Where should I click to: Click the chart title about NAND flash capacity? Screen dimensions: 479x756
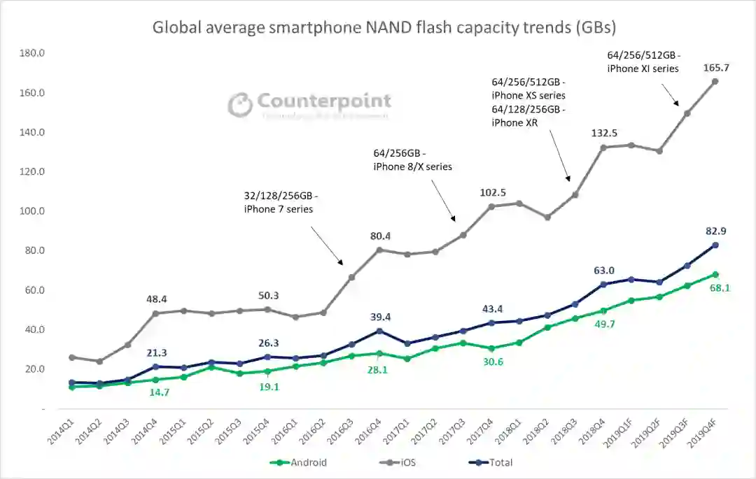coord(384,28)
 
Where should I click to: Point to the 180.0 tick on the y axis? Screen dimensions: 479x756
coord(33,54)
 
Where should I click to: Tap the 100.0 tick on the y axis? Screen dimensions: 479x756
coord(33,211)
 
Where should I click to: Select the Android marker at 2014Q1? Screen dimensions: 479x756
coord(72,387)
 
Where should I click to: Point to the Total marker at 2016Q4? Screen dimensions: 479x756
coord(379,331)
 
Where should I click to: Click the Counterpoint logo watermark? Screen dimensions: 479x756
coord(309,104)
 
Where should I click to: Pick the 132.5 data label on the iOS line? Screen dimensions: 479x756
coord(603,133)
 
